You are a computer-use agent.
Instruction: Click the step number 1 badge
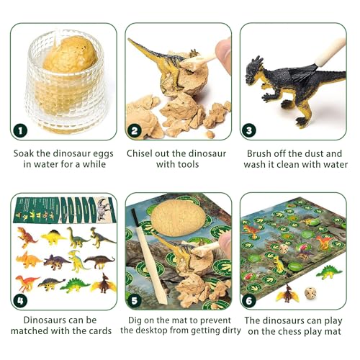pyautogui.click(x=20, y=130)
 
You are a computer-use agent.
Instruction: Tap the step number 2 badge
pyautogui.click(x=135, y=130)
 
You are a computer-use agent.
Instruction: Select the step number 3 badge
pyautogui.click(x=249, y=130)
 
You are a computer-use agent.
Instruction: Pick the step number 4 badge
pyautogui.click(x=20, y=300)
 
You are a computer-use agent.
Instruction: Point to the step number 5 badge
pyautogui.click(x=135, y=300)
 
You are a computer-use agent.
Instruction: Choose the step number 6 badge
pyautogui.click(x=249, y=300)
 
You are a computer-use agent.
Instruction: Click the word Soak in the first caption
pyautogui.click(x=24, y=153)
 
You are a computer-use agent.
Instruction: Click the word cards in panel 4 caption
pyautogui.click(x=100, y=330)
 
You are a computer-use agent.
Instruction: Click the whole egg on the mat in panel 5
pyautogui.click(x=178, y=217)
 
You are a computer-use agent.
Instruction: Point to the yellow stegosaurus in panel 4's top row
pyautogui.click(x=53, y=238)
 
